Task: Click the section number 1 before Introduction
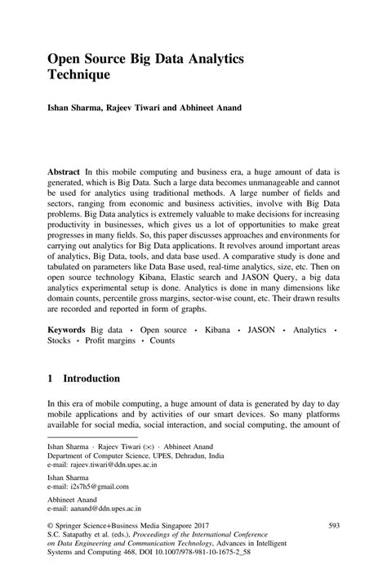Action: tap(51, 379)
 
